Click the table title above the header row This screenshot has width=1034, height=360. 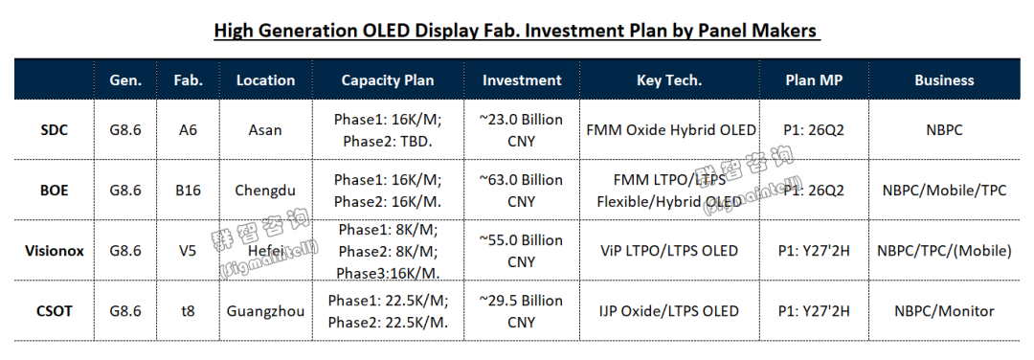517,31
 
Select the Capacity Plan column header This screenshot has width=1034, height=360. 388,80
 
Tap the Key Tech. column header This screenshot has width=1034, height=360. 669,80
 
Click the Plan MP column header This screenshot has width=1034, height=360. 814,80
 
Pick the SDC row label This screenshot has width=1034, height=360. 54,130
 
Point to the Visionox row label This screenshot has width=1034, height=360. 55,251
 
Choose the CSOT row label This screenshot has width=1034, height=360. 54,310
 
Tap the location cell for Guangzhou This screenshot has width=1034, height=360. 266,311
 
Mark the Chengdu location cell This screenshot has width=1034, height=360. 265,191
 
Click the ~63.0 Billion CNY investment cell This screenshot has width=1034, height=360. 521,190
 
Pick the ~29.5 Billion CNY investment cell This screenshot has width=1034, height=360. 521,310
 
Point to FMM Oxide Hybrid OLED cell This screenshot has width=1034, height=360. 670,130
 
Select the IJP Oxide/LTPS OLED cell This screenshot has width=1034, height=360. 669,311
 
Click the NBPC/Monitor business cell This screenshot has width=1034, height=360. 944,311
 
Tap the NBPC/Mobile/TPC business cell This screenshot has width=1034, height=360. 944,191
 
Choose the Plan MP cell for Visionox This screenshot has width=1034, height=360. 814,251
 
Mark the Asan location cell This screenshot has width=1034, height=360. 265,130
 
